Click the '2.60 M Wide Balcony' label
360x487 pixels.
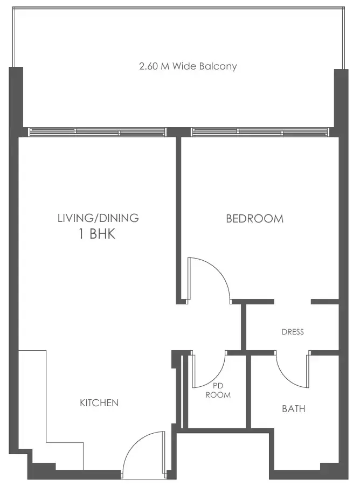pos(188,67)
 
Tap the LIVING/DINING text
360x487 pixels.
pos(98,218)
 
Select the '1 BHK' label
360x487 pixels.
pos(97,235)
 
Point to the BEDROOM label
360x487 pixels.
pos(254,219)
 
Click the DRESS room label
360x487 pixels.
pos(293,332)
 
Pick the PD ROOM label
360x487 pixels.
pos(218,391)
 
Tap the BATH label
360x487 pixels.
pos(294,409)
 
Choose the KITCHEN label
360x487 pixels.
pos(99,403)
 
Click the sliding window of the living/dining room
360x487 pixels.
pos(97,131)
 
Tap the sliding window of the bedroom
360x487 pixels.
pos(260,131)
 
